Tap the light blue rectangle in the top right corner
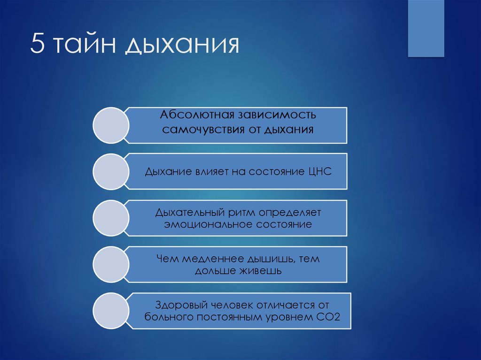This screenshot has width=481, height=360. point(426,29)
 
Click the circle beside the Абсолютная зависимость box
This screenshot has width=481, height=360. point(111,125)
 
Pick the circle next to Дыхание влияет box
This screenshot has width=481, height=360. point(111,171)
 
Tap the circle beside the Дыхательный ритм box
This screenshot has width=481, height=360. point(111,217)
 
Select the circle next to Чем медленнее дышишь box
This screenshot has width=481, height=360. point(111,264)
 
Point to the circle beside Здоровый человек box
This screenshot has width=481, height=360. point(111,310)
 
